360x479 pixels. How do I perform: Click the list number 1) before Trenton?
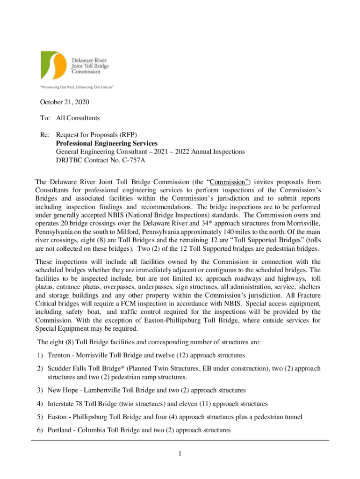coord(39,356)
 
